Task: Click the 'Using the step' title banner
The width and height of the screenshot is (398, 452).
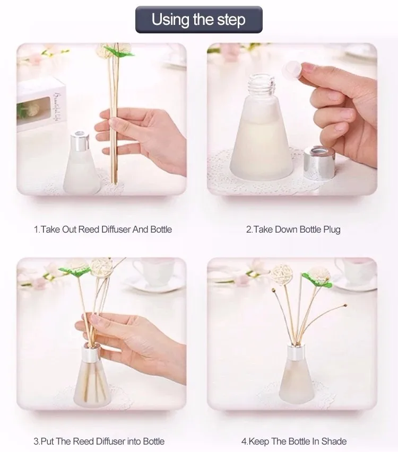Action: [199, 20]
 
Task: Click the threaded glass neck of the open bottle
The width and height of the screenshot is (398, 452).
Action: [260, 85]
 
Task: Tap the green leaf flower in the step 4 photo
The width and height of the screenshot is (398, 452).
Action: [318, 277]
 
